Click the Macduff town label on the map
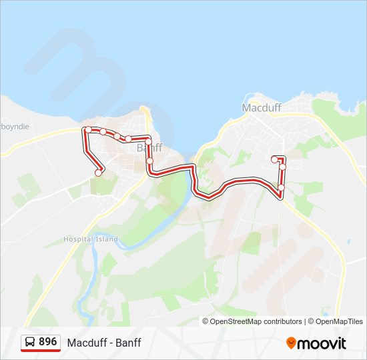pos(262,107)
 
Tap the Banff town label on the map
pos(149,148)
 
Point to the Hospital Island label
pos(91,239)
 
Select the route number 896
pos(47,342)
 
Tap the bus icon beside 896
pos(30,343)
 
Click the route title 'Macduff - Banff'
pos(104,343)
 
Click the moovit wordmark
pos(323,343)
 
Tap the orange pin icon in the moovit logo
pos(292,343)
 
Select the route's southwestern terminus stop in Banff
pos(99,173)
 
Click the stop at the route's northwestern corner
pos(87,129)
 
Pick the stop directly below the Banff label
pos(150,161)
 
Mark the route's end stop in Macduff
pos(274,159)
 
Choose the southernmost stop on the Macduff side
pos(281,187)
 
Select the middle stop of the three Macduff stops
pos(282,167)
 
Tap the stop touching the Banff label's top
pos(148,141)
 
